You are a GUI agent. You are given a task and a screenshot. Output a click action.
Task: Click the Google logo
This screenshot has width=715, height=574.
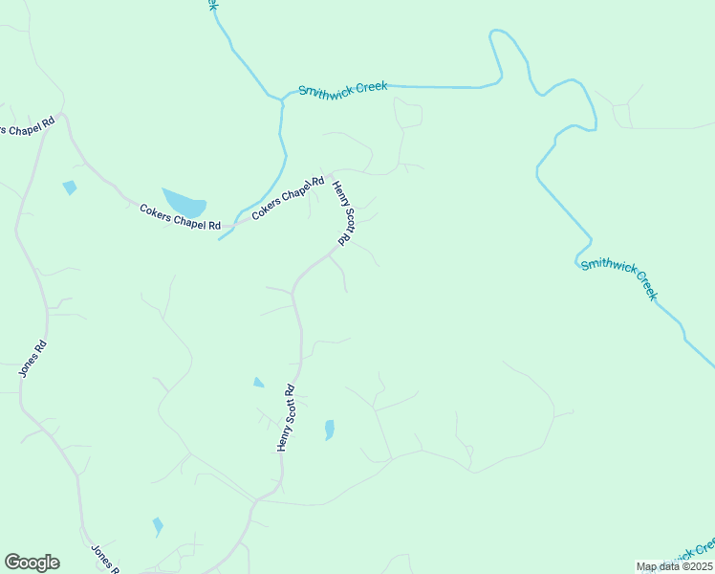click(x=32, y=563)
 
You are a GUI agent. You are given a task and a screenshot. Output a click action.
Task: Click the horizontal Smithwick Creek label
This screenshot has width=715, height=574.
click(x=342, y=89)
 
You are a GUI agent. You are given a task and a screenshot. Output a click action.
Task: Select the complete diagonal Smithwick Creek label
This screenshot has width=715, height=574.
click(x=619, y=278)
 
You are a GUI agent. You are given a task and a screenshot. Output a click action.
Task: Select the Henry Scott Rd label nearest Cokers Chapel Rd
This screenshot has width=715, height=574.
click(x=342, y=212)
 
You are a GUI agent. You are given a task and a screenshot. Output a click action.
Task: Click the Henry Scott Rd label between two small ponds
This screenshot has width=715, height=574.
click(x=287, y=418)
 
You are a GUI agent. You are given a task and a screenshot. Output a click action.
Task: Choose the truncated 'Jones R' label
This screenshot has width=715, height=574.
click(x=104, y=558)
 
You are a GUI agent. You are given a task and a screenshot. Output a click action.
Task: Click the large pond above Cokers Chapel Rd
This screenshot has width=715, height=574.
click(x=184, y=202)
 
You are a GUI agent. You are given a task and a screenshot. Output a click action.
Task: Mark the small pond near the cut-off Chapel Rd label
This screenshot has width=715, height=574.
click(x=69, y=188)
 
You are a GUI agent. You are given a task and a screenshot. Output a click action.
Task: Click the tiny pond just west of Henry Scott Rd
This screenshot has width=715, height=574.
click(x=258, y=383)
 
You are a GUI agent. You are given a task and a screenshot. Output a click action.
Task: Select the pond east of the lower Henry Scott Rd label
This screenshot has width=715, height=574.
click(x=330, y=430)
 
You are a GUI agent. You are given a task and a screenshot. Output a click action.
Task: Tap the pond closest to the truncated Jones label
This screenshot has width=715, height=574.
click(x=158, y=526)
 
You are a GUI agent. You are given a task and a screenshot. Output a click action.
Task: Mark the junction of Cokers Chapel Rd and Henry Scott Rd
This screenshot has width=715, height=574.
click(x=328, y=177)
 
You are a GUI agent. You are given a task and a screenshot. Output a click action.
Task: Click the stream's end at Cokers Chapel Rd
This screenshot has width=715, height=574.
click(x=220, y=238)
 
